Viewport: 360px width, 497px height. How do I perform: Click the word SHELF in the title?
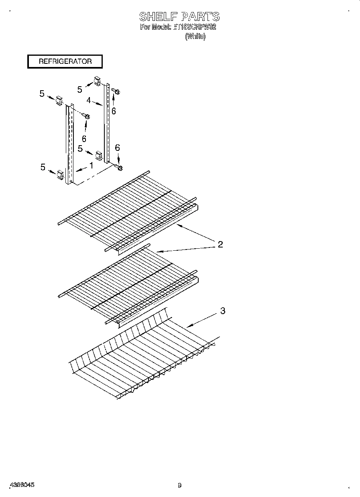pyautogui.click(x=159, y=16)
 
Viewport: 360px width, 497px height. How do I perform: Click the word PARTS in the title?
pyautogui.click(x=200, y=16)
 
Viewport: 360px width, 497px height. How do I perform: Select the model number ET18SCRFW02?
pyautogui.click(x=194, y=27)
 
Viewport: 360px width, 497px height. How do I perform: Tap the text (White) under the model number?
pyautogui.click(x=195, y=37)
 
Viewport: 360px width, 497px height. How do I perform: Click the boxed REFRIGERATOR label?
pyautogui.click(x=65, y=61)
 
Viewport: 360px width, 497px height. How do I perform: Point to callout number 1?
pyautogui.click(x=91, y=165)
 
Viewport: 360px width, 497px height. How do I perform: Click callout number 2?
pyautogui.click(x=220, y=244)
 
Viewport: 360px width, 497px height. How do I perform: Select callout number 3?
pyautogui.click(x=223, y=310)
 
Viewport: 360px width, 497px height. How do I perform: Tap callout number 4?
pyautogui.click(x=88, y=101)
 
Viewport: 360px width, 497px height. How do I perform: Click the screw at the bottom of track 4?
pyautogui.click(x=119, y=167)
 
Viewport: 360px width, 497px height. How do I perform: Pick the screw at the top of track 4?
pyautogui.click(x=116, y=91)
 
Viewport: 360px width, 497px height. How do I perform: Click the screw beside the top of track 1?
pyautogui.click(x=86, y=116)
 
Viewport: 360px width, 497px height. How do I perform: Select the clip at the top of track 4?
pyautogui.click(x=98, y=81)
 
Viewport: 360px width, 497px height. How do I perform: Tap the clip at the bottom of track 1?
pyautogui.click(x=60, y=174)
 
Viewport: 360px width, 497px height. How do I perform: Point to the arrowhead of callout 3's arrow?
pyautogui.click(x=188, y=327)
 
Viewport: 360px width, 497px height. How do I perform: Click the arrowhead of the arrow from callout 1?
pyautogui.click(x=75, y=171)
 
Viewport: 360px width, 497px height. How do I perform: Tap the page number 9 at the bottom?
pyautogui.click(x=179, y=485)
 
